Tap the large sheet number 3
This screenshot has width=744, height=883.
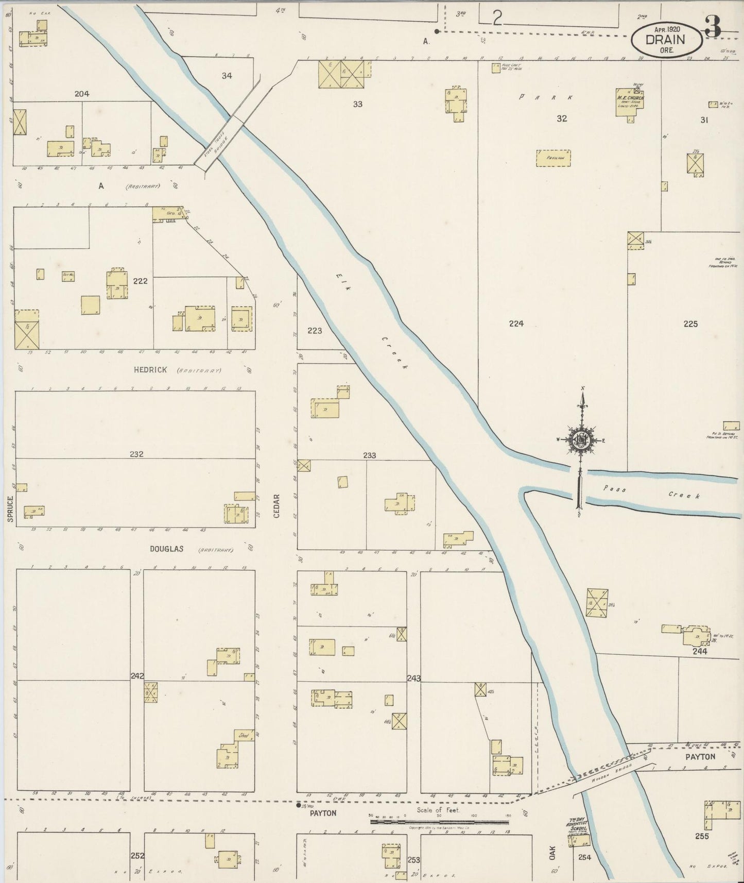713,26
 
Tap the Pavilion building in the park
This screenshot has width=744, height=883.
553,158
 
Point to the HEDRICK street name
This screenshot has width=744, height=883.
150,369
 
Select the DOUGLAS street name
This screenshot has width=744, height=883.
166,549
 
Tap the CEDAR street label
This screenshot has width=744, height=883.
276,506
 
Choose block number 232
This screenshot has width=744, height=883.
136,454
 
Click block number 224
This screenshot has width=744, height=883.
516,324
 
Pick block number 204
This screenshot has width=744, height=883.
82,94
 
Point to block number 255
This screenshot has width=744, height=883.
701,836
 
